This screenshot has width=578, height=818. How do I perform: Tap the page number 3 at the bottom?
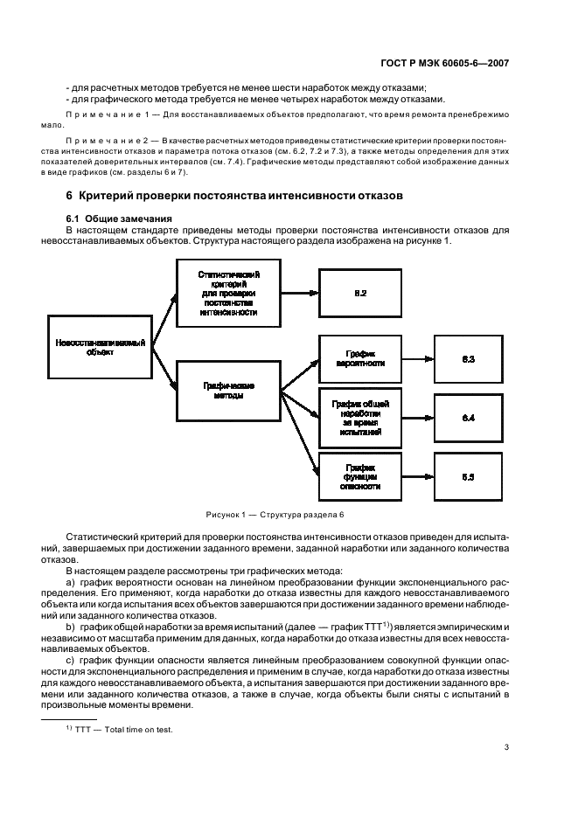point(506,746)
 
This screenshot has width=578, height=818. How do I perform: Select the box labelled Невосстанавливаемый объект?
point(100,348)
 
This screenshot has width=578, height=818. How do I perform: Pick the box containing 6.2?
point(360,293)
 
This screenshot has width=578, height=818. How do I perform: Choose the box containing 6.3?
point(468,359)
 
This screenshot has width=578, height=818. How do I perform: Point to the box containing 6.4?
point(468,419)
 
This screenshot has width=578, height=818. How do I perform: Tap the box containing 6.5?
point(468,477)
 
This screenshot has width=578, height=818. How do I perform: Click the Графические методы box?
point(228,389)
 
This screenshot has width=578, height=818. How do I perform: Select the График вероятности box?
point(360,358)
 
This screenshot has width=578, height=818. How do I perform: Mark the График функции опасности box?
point(360,476)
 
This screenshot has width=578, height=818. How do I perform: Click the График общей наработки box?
point(360,418)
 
